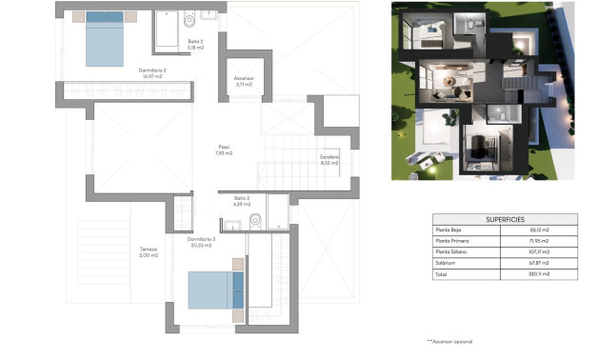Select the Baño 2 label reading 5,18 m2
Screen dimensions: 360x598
(195, 44)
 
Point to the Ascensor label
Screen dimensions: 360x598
(243, 81)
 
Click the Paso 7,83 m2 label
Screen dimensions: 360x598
(224, 150)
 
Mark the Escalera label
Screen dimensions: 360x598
(329, 159)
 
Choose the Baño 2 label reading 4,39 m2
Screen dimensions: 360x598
(240, 201)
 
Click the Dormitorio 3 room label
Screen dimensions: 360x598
(201, 241)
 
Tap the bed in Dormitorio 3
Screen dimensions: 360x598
(215, 290)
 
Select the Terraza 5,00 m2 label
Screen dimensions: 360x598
(146, 251)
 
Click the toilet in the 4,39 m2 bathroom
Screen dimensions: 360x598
(254, 221)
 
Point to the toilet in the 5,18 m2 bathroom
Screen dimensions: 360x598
(189, 18)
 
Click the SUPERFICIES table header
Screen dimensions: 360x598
(505, 219)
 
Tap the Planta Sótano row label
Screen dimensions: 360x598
(454, 252)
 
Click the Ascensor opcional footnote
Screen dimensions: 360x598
(449, 341)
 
